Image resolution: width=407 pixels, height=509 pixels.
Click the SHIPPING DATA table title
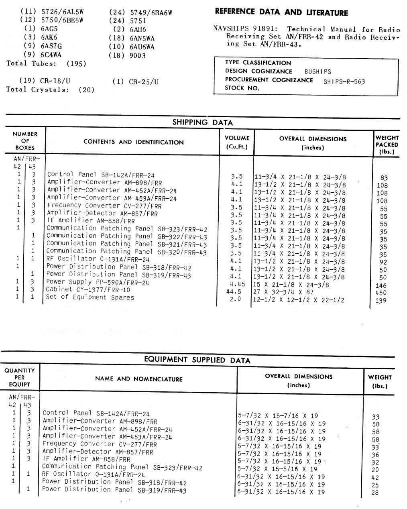(202, 122)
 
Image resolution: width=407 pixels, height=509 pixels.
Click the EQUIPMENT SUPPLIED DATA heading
(197, 360)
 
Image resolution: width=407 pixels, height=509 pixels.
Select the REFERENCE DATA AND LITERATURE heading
(281, 12)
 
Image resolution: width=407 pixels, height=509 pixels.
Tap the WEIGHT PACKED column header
(387, 145)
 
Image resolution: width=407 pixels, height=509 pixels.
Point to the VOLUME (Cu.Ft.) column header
(237, 142)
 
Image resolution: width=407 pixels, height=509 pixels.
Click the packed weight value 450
(383, 293)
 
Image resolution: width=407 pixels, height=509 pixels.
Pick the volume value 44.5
(235, 292)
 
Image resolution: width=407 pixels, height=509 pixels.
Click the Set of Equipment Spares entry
(90, 297)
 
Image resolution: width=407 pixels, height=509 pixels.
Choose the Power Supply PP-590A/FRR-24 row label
(98, 282)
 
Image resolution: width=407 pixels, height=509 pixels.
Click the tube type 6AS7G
(52, 46)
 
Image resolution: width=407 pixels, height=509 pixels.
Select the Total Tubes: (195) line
(46, 63)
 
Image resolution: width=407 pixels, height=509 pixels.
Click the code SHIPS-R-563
(344, 81)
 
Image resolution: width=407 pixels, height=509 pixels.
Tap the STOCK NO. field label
(242, 88)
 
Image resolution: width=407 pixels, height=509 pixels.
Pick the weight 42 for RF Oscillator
(375, 478)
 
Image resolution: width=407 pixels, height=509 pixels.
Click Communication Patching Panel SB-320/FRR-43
(126, 252)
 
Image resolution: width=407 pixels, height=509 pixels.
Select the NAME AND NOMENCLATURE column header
(138, 379)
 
